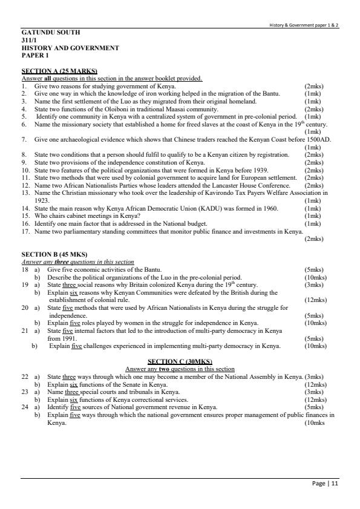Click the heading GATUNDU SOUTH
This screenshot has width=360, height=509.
[x=50, y=32]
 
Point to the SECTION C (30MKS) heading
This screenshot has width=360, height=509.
[x=180, y=361]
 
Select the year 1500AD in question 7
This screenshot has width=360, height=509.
[x=318, y=140]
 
